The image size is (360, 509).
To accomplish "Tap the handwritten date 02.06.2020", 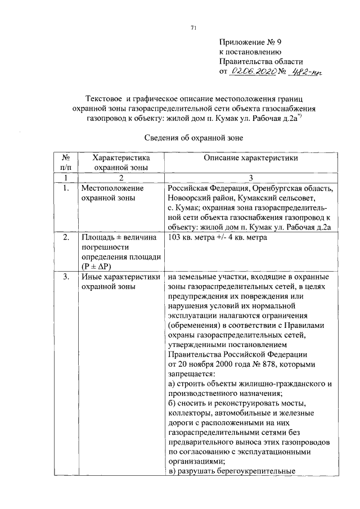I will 252,71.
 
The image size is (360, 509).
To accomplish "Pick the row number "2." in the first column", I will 66,237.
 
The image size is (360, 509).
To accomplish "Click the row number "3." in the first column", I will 66,277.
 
